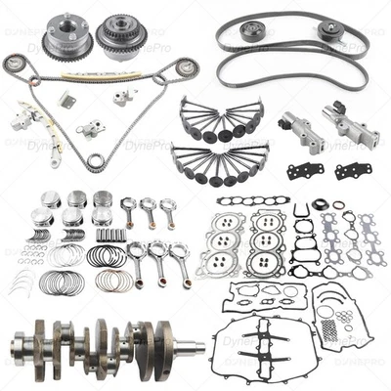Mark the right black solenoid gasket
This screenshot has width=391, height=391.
(352, 170)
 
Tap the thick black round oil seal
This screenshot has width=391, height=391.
(301, 211)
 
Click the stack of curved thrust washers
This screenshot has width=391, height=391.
(22, 284)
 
